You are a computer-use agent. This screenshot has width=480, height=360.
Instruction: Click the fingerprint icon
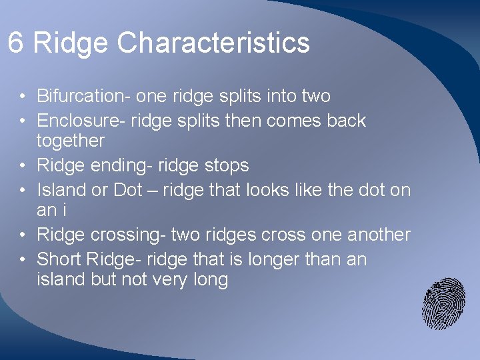[443, 303]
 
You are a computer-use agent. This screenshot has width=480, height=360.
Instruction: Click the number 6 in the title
[16, 43]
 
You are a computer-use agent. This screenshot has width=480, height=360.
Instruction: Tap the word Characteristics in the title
[213, 43]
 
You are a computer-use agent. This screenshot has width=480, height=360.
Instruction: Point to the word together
[71, 141]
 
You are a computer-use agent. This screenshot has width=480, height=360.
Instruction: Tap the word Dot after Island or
[127, 190]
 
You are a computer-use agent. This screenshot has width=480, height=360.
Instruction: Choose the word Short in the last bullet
[58, 259]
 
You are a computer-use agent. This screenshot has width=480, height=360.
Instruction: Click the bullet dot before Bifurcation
[23, 97]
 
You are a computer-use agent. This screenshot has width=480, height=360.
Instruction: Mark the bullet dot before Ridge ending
[23, 166]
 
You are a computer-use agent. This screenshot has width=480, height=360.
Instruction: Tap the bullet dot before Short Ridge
[23, 260]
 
